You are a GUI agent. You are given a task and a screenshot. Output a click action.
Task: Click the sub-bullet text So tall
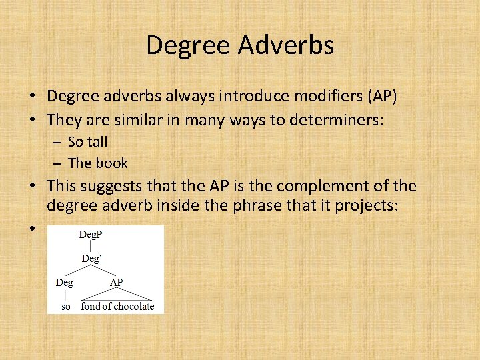tap(87, 141)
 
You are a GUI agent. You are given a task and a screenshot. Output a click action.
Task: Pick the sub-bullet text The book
tap(97, 163)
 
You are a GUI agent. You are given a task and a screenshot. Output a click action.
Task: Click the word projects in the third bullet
tap(371, 206)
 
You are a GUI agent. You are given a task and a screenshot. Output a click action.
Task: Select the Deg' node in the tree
tap(91, 258)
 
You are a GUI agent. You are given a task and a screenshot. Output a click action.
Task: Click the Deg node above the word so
tap(64, 282)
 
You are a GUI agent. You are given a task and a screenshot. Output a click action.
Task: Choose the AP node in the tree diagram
tap(116, 282)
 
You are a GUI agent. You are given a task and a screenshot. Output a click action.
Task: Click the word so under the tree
tap(65, 307)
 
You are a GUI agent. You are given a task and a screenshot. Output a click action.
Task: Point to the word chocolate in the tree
tap(133, 307)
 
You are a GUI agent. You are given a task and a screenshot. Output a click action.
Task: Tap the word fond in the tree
tap(90, 307)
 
